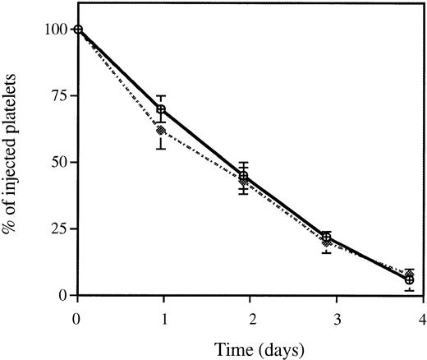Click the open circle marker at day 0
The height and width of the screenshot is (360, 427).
78,30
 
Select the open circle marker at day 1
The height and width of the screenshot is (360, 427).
161,109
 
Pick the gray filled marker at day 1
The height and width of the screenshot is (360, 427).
161,130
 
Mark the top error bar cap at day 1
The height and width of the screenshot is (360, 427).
161,95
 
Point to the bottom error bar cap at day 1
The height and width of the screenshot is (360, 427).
161,149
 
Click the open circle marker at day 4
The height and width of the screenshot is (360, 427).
410,279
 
